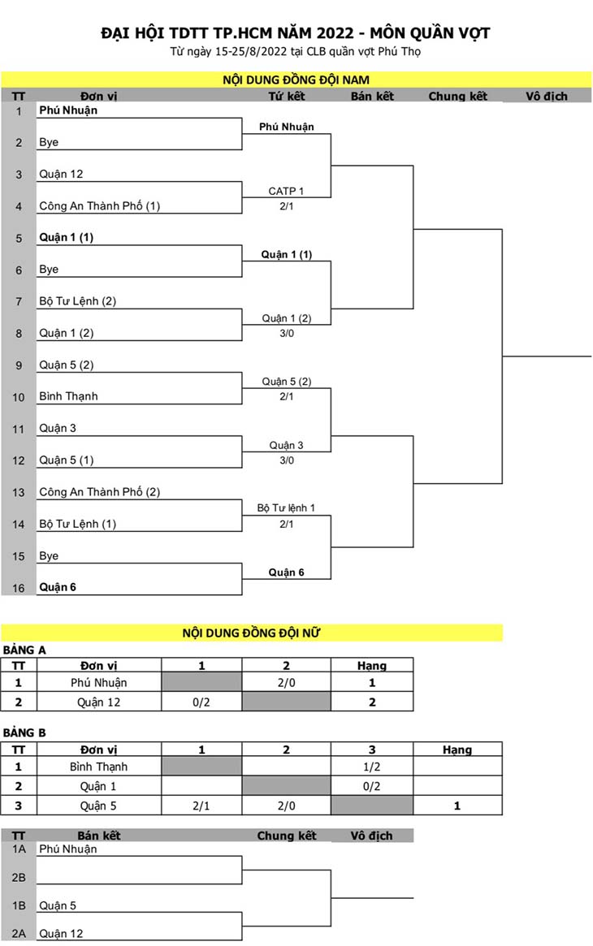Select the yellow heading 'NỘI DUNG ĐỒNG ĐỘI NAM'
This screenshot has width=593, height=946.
click(x=296, y=80)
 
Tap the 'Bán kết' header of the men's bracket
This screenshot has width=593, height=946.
click(x=372, y=96)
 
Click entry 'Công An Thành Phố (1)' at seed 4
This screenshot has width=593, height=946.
click(x=100, y=205)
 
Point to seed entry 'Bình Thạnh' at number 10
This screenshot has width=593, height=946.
click(x=68, y=396)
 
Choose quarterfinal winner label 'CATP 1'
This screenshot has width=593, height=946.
click(x=286, y=191)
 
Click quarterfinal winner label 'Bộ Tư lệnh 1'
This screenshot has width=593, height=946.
click(x=286, y=508)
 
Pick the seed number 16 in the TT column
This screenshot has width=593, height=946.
click(x=19, y=588)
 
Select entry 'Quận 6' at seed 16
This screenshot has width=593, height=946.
click(x=58, y=587)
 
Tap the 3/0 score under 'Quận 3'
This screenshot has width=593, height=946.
click(x=287, y=460)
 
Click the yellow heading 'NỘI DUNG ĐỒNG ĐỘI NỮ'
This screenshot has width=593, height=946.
click(x=251, y=633)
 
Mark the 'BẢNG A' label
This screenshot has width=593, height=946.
click(x=24, y=650)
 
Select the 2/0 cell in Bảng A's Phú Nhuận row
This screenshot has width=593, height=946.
click(x=287, y=683)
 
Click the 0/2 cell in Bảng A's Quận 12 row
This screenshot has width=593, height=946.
click(x=201, y=702)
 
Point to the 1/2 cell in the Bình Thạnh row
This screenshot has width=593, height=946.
click(x=371, y=767)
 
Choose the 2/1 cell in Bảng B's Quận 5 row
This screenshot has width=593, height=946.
click(x=201, y=806)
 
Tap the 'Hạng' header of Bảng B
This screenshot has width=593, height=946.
click(x=457, y=750)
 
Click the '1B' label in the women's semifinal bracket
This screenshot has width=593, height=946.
click(x=19, y=905)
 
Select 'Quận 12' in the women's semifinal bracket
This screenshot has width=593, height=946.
click(x=61, y=933)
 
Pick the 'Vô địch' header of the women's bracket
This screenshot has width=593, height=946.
click(x=371, y=836)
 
